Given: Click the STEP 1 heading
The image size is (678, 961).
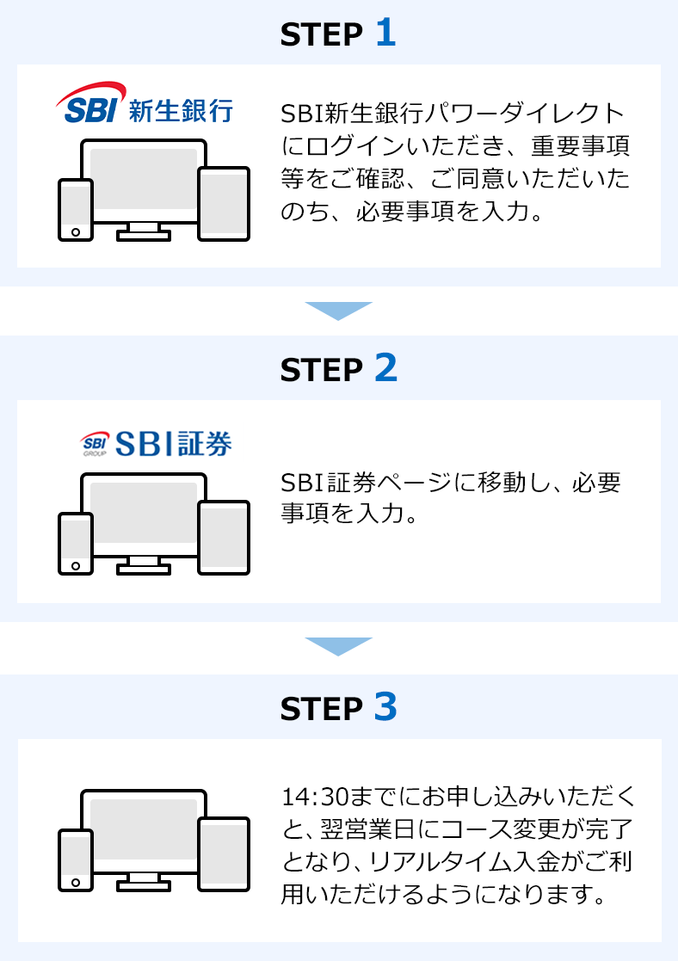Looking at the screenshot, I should [338, 34].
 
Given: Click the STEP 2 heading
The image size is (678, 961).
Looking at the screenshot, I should [338, 368].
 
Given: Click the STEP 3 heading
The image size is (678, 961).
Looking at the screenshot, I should [338, 707].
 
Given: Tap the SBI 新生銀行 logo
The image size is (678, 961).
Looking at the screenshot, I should [144, 105].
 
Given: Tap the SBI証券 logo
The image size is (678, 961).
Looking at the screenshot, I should [156, 443].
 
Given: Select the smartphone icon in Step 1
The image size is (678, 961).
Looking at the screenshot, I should [76, 209].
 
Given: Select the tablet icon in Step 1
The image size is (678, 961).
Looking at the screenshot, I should [224, 203].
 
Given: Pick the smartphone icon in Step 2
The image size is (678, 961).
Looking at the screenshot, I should [76, 543].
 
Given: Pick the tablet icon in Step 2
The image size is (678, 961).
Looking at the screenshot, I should [224, 537].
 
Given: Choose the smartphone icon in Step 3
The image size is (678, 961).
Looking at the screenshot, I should [76, 859].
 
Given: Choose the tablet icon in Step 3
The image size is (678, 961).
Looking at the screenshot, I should [224, 853].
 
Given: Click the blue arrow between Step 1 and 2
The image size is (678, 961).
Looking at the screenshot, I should [338, 311].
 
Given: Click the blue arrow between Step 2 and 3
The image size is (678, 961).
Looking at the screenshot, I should [338, 646].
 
